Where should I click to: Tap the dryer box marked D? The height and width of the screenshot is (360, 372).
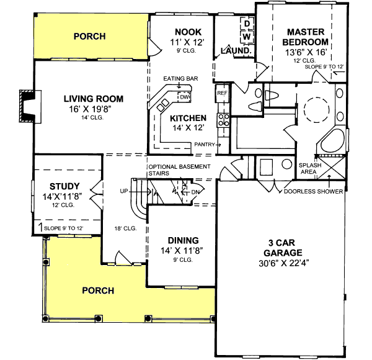pyautogui.click(x=246, y=24)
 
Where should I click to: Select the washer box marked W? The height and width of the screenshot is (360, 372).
pyautogui.click(x=246, y=37)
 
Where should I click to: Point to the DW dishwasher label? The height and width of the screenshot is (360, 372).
pyautogui.click(x=185, y=97)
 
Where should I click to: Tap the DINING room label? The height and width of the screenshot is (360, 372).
pyautogui.click(x=182, y=240)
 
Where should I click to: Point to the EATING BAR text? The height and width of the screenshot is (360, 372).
pyautogui.click(x=180, y=79)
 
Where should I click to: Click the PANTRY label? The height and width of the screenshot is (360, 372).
pyautogui.click(x=205, y=145)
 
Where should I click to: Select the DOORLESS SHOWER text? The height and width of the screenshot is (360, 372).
pyautogui.click(x=313, y=192)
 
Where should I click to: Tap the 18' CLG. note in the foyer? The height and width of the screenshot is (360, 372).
pyautogui.click(x=125, y=228)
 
